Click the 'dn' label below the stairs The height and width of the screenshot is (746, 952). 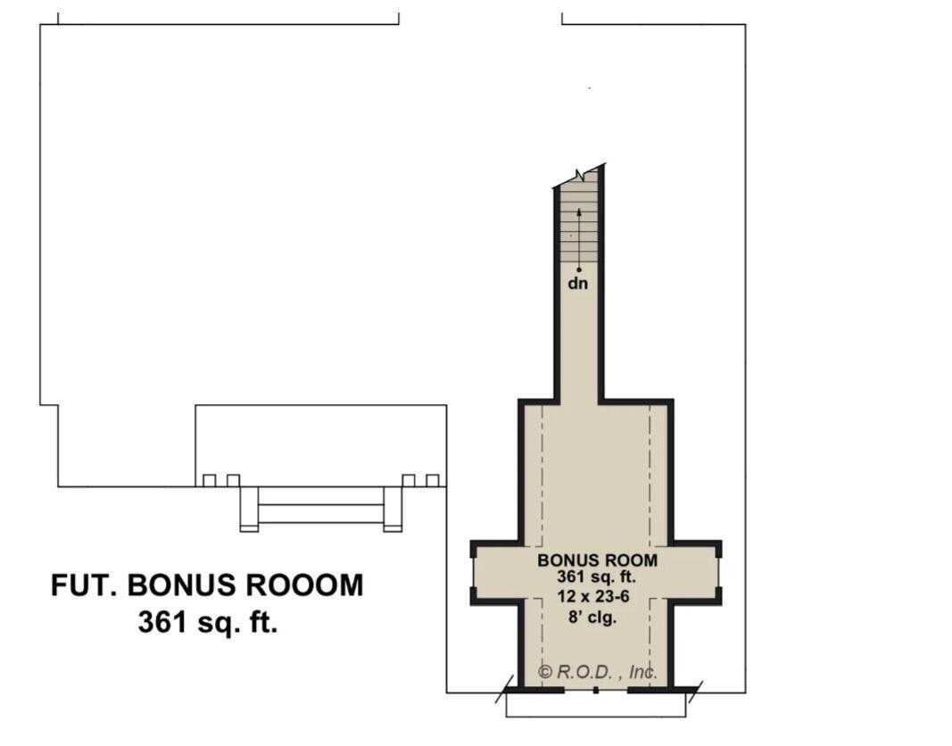577,284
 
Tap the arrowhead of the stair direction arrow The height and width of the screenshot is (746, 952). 579,212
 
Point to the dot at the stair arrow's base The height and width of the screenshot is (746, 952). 579,269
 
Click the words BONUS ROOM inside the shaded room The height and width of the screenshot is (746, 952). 597,560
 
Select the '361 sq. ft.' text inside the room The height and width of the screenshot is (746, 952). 596,577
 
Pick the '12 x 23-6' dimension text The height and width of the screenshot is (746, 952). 593,597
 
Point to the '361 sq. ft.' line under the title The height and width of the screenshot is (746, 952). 208,622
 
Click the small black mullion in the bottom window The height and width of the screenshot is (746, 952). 596,690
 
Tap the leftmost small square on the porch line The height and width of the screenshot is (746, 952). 209,481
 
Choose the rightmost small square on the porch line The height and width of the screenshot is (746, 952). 433,481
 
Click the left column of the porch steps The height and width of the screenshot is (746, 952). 249,509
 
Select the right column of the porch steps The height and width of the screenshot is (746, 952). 393,509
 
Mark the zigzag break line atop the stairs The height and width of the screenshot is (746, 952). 579,176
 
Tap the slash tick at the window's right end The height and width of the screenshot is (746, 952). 695,692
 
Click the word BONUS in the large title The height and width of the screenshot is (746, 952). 180,585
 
